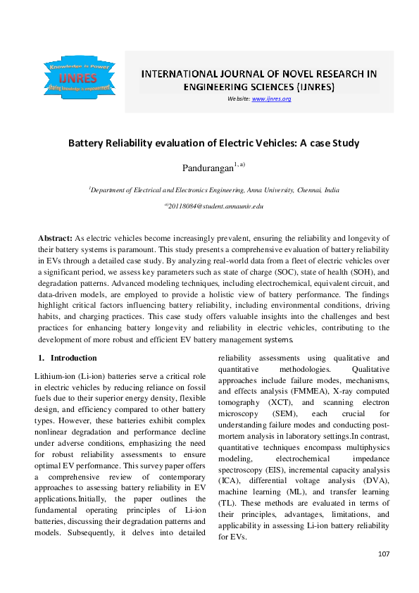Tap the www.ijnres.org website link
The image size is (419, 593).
tap(271, 99)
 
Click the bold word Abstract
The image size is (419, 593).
tap(55, 239)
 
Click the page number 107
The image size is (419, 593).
tap(384, 554)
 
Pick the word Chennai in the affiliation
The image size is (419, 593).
tap(308, 190)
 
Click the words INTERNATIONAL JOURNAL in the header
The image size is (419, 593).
tap(196, 73)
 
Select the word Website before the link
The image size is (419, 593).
tap(238, 99)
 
